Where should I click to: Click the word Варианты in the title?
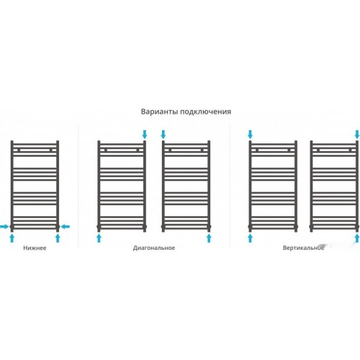tap(159, 112)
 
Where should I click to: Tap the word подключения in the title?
tap(206, 112)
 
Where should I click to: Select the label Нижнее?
tap(35, 248)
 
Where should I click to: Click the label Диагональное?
tap(154, 248)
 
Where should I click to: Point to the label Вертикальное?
tap(303, 248)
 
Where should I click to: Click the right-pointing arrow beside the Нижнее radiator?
tap(4, 226)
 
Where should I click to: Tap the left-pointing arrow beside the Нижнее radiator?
tap(66, 226)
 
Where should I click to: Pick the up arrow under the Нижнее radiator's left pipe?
tap(12, 238)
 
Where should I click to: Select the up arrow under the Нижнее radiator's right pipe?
tap(58, 238)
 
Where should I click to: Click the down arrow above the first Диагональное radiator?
tap(145, 135)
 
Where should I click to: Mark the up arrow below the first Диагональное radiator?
tap(99, 238)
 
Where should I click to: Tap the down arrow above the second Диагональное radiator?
tap(163, 135)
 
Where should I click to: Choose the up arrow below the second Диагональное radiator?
tap(209, 238)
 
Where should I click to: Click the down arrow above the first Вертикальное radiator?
tap(250, 135)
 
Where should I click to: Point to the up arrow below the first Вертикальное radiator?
tap(250, 238)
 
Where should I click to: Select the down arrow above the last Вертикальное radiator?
tap(357, 135)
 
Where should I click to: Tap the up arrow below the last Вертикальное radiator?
tap(357, 238)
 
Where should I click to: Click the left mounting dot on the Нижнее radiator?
tap(19, 150)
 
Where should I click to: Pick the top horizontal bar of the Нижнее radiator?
tap(35, 145)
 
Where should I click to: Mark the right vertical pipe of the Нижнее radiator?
tap(58, 186)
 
